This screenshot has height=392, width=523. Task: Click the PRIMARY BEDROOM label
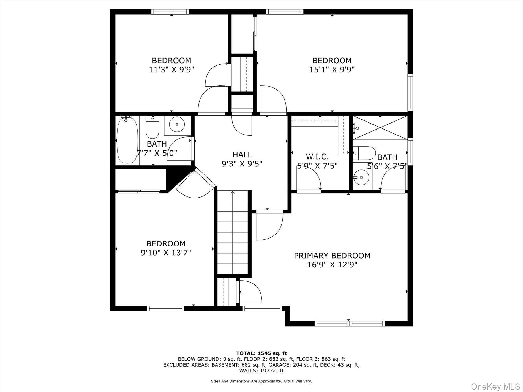(x=332, y=256)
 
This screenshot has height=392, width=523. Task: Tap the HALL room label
(x=242, y=155)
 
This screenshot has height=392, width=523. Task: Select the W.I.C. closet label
(x=317, y=157)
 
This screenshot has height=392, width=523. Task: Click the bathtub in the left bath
(x=127, y=140)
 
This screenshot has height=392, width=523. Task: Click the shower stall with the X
(x=380, y=128)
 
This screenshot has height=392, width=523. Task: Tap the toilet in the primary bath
(x=365, y=153)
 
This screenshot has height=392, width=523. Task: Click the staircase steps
(x=233, y=234)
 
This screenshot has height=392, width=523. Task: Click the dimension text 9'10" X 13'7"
(x=166, y=253)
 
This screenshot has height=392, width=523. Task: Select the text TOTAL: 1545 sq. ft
(x=261, y=353)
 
